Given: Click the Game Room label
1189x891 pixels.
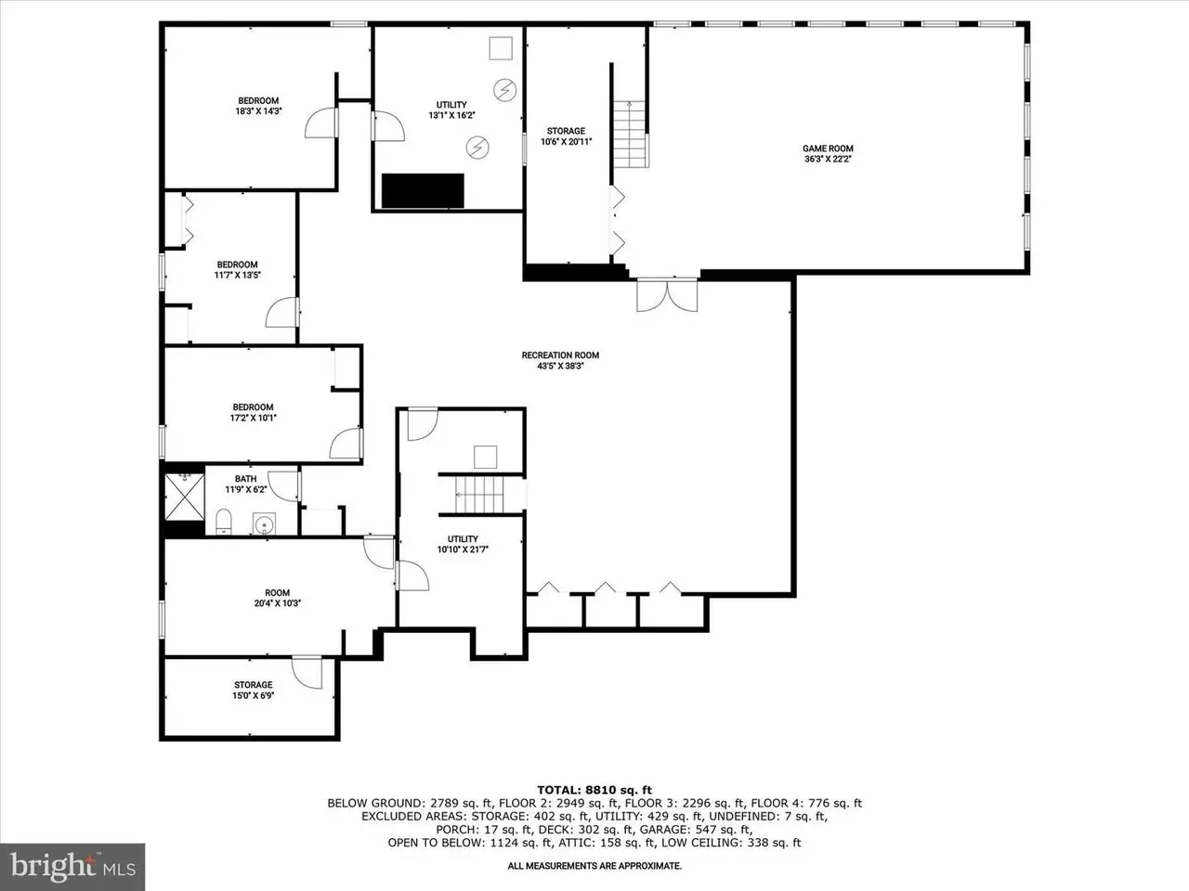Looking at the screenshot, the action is click(x=828, y=153).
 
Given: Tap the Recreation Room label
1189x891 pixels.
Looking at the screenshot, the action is click(x=560, y=360).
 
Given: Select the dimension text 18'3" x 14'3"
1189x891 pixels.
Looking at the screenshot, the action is click(x=258, y=110).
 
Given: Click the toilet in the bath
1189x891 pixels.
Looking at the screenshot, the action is click(x=223, y=521).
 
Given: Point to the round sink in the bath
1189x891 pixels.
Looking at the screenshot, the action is click(x=265, y=523).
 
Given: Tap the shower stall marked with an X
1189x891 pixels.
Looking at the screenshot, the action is click(x=184, y=497).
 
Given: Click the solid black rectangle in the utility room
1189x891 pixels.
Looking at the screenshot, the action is click(x=423, y=190).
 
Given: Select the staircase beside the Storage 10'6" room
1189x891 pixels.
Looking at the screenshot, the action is click(x=630, y=135).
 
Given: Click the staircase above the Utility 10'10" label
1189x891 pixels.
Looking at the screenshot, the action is click(x=479, y=495).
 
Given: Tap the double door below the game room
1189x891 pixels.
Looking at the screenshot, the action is click(x=667, y=295).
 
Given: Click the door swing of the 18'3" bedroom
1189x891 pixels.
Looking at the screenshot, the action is click(x=321, y=123).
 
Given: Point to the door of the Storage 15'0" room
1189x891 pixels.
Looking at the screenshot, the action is click(x=307, y=673).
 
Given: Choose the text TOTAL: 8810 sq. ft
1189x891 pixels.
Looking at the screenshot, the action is click(x=594, y=791).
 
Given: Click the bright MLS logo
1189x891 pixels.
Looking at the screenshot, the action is click(x=72, y=867).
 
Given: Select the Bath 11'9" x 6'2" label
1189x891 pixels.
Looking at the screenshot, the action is click(x=246, y=484).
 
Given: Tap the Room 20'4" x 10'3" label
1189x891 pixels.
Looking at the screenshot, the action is click(x=278, y=598).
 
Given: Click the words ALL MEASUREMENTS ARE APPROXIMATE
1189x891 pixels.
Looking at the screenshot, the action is click(x=594, y=866).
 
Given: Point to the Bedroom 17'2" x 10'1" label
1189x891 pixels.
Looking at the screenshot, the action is click(x=253, y=412).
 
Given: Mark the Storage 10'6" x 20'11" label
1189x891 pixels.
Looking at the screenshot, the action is click(x=566, y=136).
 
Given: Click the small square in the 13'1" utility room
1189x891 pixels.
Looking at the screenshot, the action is click(x=501, y=48).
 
